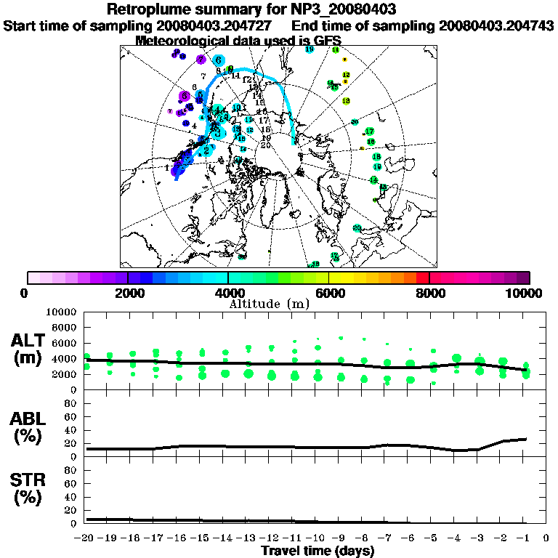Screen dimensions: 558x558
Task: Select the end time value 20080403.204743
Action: tap(496, 25)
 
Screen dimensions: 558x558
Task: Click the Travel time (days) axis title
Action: tap(318, 551)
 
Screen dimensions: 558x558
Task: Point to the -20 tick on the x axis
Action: tap(86, 538)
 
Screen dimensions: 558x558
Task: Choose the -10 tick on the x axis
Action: tap(318, 538)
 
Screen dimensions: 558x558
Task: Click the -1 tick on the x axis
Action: tap(525, 538)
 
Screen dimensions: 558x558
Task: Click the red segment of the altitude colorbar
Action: tap(422, 277)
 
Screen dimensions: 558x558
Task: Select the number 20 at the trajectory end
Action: tap(266, 145)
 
